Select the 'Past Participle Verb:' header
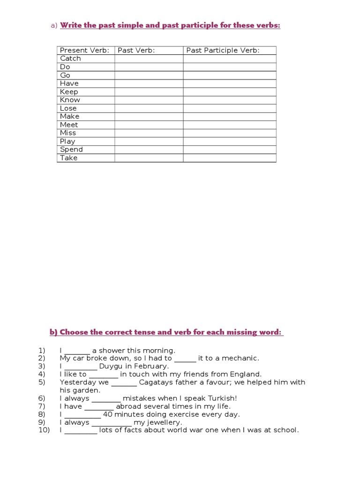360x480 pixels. tap(223, 50)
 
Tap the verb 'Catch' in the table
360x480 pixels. tap(70, 59)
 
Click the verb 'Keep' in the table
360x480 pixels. tap(69, 92)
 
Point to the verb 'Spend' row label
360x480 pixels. tap(71, 150)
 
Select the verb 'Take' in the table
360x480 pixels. tap(68, 158)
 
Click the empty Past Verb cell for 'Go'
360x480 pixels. tap(149, 75)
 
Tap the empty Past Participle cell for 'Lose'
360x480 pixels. tap(229, 108)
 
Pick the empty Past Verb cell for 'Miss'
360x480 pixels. tap(149, 133)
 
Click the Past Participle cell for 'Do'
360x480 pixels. tap(229, 67)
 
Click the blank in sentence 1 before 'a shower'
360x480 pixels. tap(77, 351)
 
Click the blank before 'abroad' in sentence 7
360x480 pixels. tap(99, 407)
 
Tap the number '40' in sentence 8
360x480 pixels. tap(108, 414)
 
